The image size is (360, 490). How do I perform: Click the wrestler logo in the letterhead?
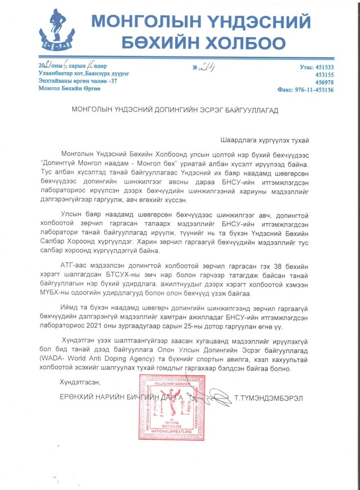pos(56,29)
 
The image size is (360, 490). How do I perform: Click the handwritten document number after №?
pos(208,68)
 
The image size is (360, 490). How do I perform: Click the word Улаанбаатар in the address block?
pos(56,74)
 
